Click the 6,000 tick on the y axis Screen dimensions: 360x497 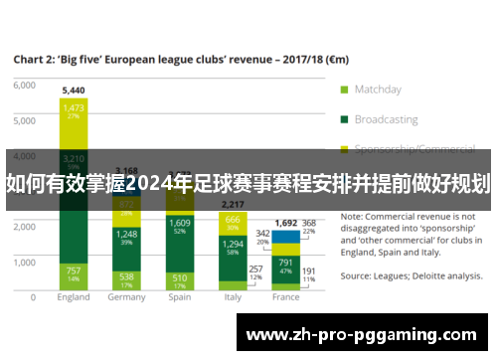[23, 85]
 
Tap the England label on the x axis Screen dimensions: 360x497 [74, 296]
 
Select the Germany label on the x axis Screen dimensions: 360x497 [126, 296]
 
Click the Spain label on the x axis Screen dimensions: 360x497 [180, 296]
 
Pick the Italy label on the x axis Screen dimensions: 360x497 [232, 296]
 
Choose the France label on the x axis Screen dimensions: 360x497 [285, 296]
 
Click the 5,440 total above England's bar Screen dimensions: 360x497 [74, 90]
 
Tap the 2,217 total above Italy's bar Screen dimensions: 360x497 [232, 204]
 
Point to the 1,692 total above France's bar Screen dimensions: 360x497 [285, 224]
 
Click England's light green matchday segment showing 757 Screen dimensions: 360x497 [74, 273]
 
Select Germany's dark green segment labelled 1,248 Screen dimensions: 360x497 [126, 237]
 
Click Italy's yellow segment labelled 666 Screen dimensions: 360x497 [232, 222]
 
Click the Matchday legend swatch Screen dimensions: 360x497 [345, 89]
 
